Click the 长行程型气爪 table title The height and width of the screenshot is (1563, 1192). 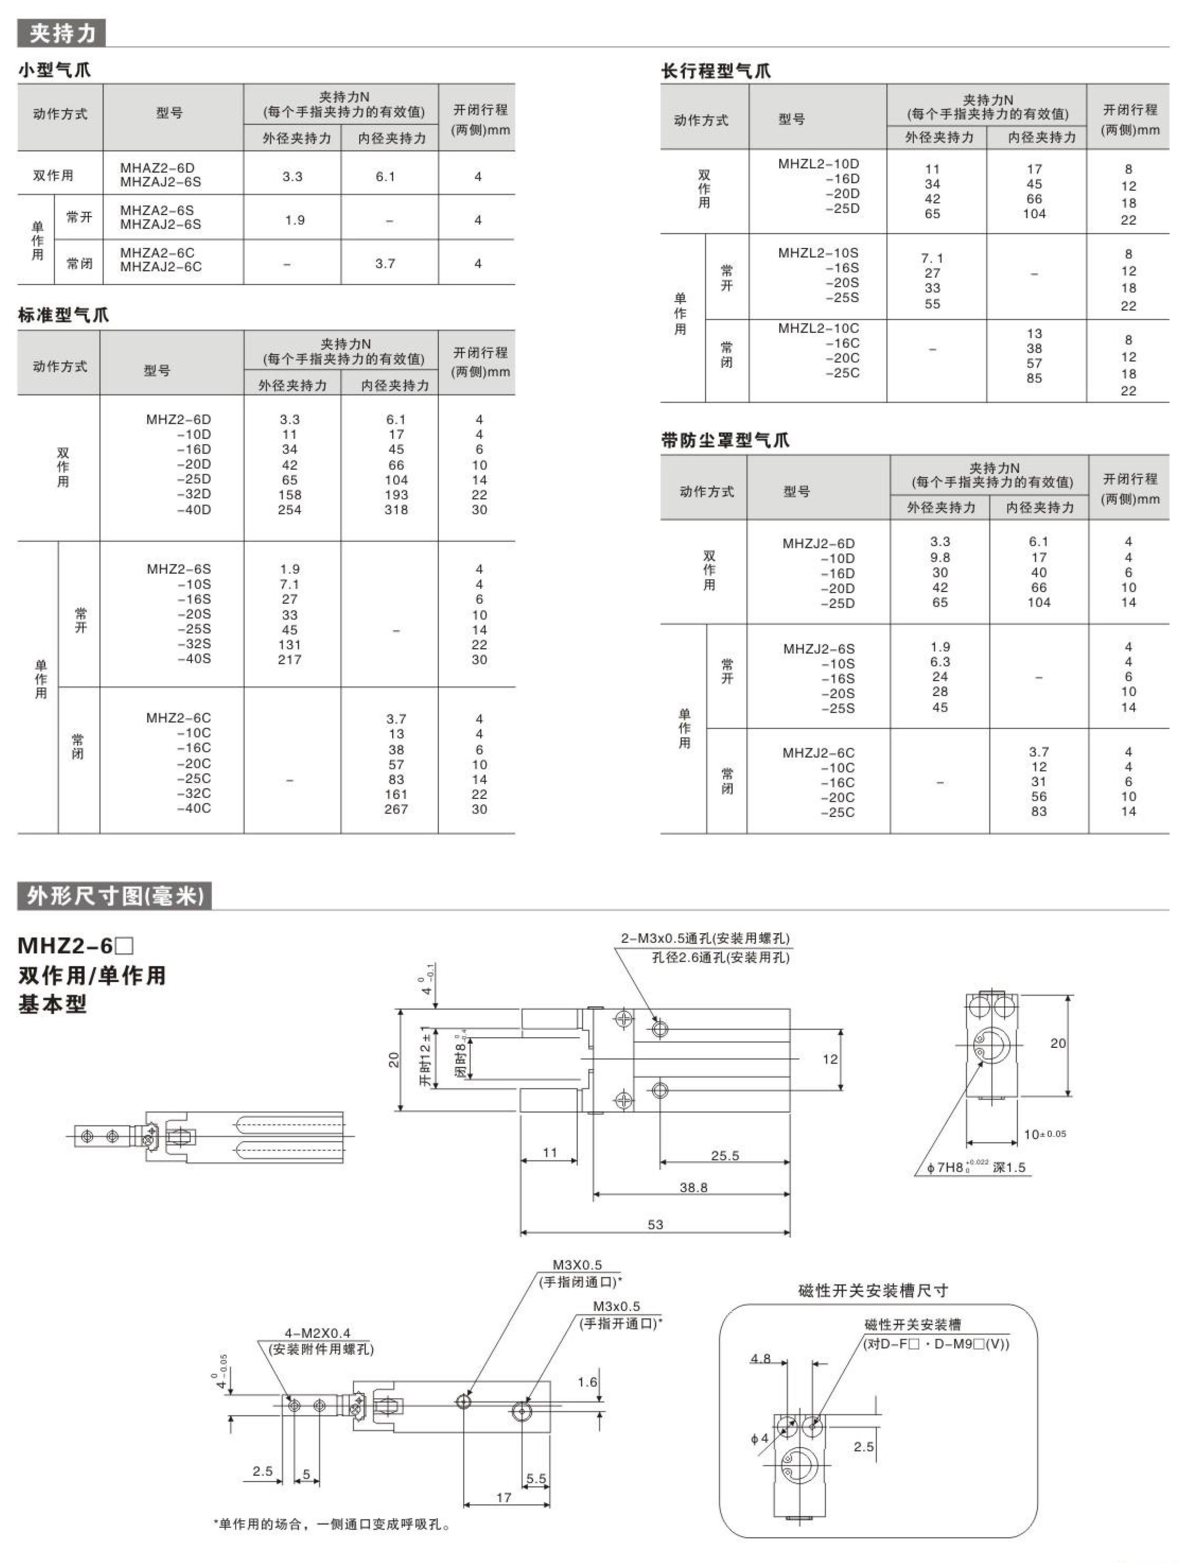pyautogui.click(x=716, y=71)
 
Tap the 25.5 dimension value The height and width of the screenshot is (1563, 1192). pyautogui.click(x=725, y=1156)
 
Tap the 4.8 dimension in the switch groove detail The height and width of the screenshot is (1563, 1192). pyautogui.click(x=761, y=1358)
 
